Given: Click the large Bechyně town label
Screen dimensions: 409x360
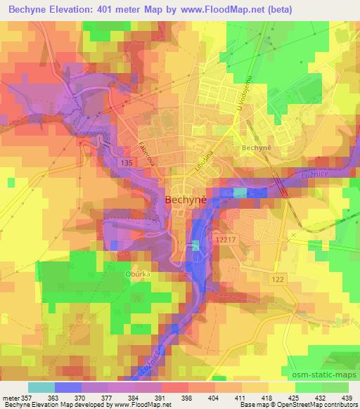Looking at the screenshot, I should (185, 200).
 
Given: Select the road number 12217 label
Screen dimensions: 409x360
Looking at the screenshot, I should (228, 240).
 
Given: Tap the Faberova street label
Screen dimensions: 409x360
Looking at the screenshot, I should (146, 148).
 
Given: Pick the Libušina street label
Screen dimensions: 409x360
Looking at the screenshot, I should (202, 161).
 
